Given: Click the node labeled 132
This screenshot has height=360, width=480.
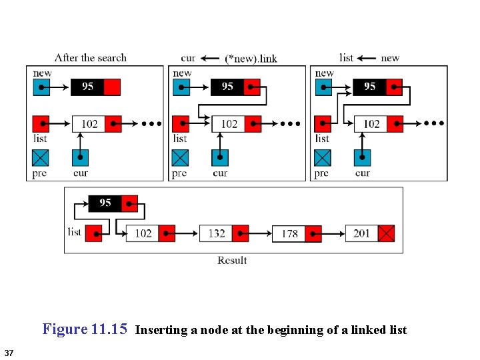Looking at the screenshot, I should click(216, 233).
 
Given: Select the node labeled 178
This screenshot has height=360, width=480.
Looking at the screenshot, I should click(289, 234).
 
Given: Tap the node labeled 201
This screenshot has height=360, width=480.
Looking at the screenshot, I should click(362, 233).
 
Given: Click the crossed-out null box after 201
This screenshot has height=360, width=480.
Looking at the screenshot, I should click(387, 233).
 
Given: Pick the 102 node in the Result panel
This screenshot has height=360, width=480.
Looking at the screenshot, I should click(143, 233).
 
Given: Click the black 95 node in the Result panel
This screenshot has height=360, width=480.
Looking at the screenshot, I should click(105, 203).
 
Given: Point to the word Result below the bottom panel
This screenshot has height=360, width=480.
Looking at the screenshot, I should click(232, 260).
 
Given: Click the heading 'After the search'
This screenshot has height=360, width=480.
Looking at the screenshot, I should click(90, 58).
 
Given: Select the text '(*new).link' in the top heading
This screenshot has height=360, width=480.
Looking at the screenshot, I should click(251, 59).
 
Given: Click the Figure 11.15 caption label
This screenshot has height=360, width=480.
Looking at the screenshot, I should click(84, 329).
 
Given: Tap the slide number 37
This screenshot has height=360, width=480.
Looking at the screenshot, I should click(9, 352).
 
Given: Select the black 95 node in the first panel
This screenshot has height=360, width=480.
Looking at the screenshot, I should click(87, 87).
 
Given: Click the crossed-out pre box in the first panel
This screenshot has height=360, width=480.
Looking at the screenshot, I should click(41, 158).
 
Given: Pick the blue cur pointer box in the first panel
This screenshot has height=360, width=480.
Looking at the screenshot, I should click(80, 158).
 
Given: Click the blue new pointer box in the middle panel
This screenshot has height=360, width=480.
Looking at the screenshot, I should click(181, 87).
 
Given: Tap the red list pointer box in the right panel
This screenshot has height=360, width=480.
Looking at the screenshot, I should click(322, 124).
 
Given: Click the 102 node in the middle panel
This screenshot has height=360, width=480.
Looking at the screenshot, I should click(229, 124).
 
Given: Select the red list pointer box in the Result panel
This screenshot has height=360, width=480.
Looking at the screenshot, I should click(94, 233).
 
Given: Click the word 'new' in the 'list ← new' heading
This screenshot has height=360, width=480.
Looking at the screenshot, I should click(390, 58).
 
